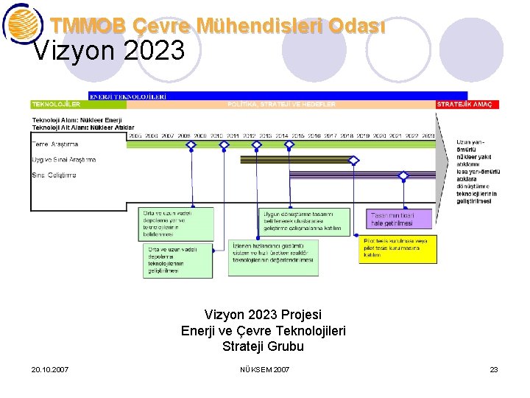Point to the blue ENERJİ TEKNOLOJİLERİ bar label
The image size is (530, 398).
coord(127,96)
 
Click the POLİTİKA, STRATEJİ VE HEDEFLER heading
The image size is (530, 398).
coord(281,105)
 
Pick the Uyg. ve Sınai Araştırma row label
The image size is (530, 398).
coord(63,159)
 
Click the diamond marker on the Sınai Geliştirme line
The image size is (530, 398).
coord(403,175)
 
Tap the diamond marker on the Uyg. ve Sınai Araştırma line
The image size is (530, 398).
coord(353,160)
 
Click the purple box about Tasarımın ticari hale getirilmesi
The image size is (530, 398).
coord(400,218)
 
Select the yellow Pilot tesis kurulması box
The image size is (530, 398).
coord(397,249)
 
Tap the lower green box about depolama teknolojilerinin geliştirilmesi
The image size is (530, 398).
coord(177,261)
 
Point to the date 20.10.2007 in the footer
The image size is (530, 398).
coord(51,369)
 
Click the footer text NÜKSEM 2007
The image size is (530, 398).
coord(265,369)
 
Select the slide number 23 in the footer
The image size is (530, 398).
coord(494,369)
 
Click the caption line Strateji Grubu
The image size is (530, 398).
coord(263,346)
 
